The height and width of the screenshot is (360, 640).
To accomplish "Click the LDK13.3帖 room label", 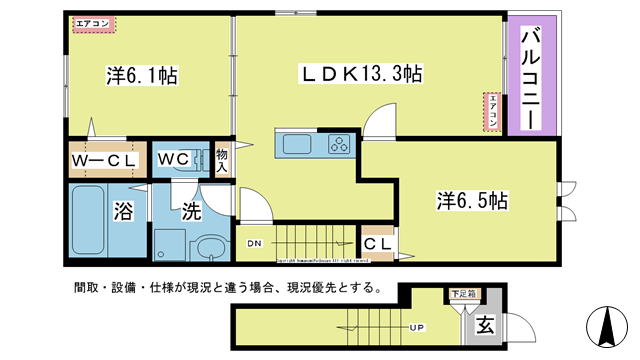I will coord(361,73).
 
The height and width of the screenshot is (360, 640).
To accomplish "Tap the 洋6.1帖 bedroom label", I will coord(142,75).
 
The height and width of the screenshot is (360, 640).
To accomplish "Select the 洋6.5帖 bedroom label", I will coord(472,200).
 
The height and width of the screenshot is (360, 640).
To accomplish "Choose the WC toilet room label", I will coord(169,158).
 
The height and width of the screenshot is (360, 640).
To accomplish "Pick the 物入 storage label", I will coord(221,160).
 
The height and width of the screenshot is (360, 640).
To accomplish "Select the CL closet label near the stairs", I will coord(377,243).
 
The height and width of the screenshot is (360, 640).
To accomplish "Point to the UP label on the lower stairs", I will coord(412,327).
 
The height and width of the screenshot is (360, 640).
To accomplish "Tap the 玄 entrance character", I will coord(483,326).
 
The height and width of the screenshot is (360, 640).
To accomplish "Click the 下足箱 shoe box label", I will coord(461,294).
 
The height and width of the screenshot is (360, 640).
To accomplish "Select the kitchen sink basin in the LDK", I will coord(298,145).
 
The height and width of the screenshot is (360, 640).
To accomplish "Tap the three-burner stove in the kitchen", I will coord(338,145).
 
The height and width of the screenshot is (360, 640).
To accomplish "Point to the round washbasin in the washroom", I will coord(210,248).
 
